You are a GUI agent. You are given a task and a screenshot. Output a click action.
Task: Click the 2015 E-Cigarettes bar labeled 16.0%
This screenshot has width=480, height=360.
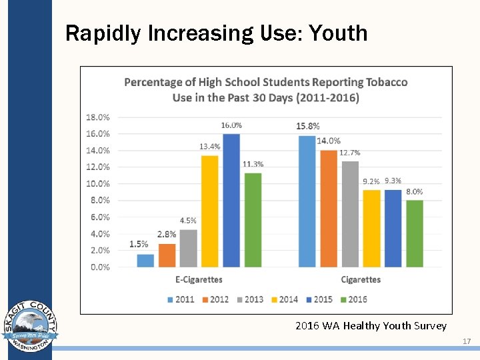click(231, 200)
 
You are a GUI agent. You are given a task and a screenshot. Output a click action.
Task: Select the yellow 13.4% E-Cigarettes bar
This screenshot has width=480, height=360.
click(209, 211)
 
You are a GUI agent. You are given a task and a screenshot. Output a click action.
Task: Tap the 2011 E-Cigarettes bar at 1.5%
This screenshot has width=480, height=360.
click(145, 261)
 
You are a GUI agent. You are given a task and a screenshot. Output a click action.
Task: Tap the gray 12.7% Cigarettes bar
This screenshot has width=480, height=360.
click(350, 214)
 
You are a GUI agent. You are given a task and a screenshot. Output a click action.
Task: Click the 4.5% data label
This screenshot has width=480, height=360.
click(188, 221)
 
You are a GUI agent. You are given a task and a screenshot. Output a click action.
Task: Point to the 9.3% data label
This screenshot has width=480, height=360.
click(393, 181)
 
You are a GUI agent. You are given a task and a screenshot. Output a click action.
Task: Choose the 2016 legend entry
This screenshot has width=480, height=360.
click(353, 299)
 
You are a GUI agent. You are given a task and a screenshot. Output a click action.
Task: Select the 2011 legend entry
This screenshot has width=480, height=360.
click(180, 299)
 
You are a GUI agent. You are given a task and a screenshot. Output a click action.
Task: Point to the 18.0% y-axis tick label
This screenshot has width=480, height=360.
click(98, 117)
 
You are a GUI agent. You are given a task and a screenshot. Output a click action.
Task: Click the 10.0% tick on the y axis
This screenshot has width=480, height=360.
click(98, 183)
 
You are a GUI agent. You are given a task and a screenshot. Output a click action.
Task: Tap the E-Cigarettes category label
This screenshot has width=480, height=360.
click(199, 279)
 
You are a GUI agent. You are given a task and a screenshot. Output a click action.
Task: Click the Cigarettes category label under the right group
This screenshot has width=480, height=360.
click(361, 279)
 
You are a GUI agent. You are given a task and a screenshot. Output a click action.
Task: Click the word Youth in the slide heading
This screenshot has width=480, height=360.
click(343, 33)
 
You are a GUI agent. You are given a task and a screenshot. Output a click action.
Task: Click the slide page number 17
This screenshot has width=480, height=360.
click(467, 341)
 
